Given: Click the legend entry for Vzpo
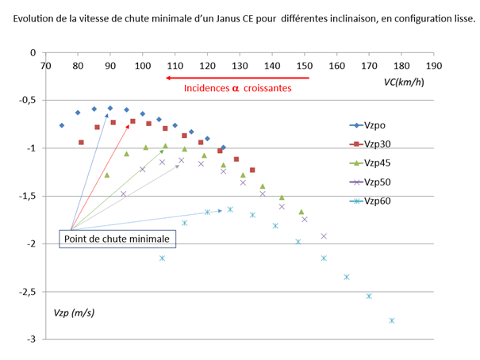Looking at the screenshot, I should coord(373,125).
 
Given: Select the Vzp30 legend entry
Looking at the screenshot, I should coord(373,144).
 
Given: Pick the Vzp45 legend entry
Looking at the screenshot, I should coord(373,163).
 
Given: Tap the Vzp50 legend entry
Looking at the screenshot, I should coord(373,182).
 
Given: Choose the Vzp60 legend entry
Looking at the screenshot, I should coord(373,201).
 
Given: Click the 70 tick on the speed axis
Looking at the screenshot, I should coord(45,66).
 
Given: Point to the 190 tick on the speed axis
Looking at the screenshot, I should coord(434,66).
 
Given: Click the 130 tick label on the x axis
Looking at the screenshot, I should coord(240,66).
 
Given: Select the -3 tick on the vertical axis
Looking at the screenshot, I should coord(32,339).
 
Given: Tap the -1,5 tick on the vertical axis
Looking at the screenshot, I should coord(28,196).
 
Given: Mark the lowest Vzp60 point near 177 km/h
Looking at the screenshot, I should coord(392,320).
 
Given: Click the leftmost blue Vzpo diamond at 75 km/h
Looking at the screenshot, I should coord(62,125).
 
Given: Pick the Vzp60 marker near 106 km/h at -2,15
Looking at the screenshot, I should coord(162,258).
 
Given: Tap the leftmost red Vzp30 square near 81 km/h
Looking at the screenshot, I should coord(81,143).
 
